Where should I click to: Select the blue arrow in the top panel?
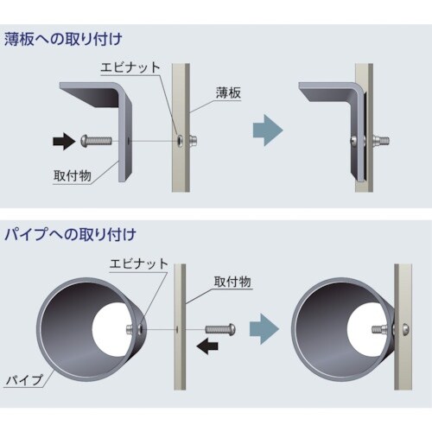264,130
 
